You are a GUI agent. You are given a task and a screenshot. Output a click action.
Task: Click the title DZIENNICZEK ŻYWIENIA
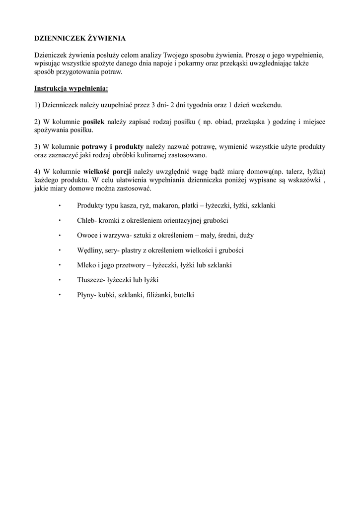click(x=79, y=38)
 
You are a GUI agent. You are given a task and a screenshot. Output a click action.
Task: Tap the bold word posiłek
click(x=93, y=122)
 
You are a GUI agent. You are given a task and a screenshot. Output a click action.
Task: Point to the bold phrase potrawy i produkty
click(x=112, y=147)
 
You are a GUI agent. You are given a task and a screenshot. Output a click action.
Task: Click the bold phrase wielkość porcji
click(x=107, y=172)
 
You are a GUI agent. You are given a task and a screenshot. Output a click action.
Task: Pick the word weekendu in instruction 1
click(x=267, y=105)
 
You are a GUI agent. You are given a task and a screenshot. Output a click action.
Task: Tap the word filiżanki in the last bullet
click(x=158, y=295)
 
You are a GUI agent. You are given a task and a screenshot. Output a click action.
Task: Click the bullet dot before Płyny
click(x=59, y=295)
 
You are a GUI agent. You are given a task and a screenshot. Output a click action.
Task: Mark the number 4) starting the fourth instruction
click(x=37, y=172)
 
